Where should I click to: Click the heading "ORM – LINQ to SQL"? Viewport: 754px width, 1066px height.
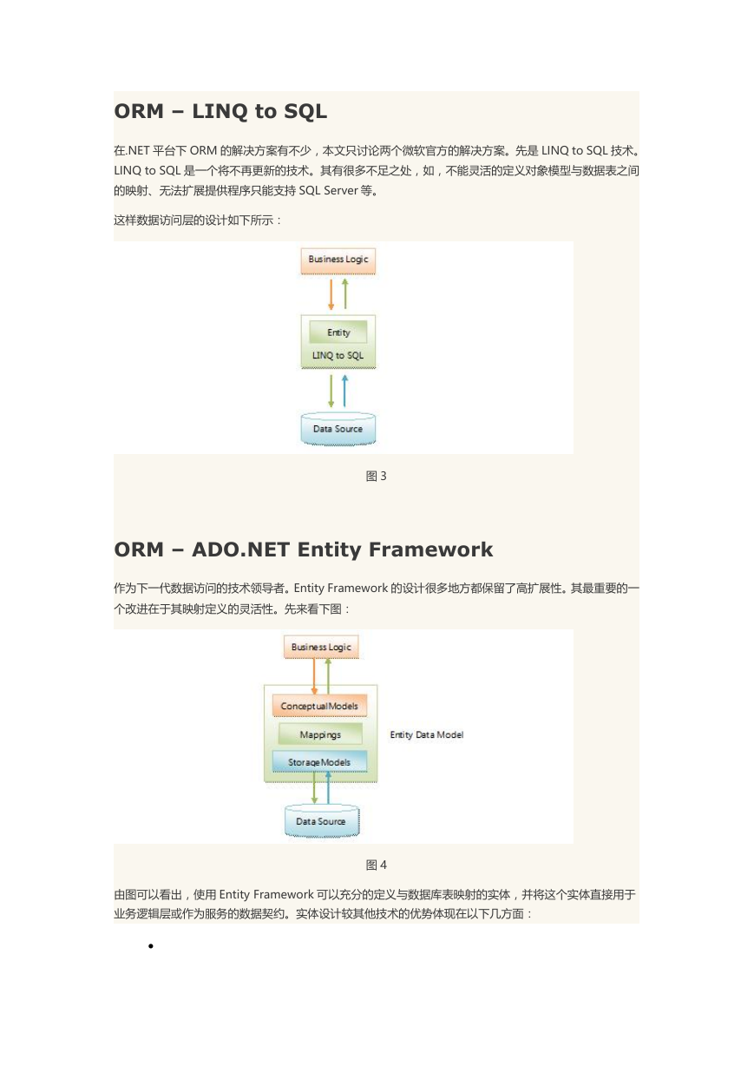pyautogui.click(x=220, y=111)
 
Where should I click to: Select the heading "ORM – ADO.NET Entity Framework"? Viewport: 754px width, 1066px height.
pyautogui.click(x=304, y=549)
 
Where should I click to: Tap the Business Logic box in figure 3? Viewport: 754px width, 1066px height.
pyautogui.click(x=338, y=260)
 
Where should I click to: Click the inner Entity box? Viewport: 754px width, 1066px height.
pyautogui.click(x=338, y=332)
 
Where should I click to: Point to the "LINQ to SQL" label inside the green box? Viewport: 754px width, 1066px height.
pyautogui.click(x=338, y=356)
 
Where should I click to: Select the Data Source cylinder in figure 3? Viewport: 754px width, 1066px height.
pyautogui.click(x=338, y=429)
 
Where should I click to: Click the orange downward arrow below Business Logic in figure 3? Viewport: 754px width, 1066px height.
pyautogui.click(x=331, y=294)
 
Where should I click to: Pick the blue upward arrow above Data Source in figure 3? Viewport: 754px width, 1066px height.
pyautogui.click(x=344, y=391)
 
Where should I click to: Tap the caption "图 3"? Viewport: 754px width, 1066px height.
pyautogui.click(x=376, y=477)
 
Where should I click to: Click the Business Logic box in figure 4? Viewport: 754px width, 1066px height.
pyautogui.click(x=321, y=647)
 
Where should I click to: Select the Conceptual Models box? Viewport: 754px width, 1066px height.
pyautogui.click(x=319, y=706)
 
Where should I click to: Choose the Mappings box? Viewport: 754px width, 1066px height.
pyautogui.click(x=320, y=734)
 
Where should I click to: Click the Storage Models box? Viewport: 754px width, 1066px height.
pyautogui.click(x=319, y=762)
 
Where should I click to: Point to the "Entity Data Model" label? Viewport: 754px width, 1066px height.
pyautogui.click(x=427, y=734)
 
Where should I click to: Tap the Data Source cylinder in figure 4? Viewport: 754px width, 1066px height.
pyautogui.click(x=322, y=821)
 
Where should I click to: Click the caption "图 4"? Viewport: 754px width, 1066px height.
pyautogui.click(x=376, y=865)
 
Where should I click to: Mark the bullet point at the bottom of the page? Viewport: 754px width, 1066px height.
pyautogui.click(x=151, y=946)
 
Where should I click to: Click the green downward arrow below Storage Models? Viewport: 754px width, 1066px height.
pyautogui.click(x=314, y=788)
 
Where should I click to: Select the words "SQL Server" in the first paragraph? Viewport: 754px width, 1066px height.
pyautogui.click(x=328, y=190)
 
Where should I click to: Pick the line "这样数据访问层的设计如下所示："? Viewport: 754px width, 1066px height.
pyautogui.click(x=198, y=220)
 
